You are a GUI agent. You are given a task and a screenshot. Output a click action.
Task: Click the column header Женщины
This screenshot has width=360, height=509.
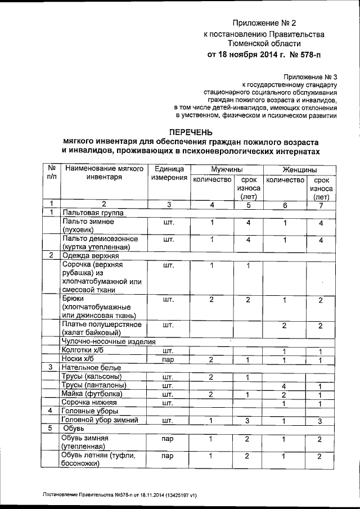[x=299, y=169]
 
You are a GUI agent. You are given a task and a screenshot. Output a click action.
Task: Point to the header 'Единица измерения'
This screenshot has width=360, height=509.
[x=169, y=174]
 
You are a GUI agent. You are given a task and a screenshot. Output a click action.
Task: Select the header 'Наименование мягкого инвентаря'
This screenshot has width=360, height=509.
[x=104, y=174]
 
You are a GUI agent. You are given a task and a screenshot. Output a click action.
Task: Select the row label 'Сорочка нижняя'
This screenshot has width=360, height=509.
[x=91, y=403]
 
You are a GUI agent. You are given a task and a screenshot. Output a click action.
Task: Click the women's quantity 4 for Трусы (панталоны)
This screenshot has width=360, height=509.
[x=285, y=385]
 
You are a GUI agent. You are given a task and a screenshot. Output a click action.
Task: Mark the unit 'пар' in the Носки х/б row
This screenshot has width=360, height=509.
[x=167, y=359]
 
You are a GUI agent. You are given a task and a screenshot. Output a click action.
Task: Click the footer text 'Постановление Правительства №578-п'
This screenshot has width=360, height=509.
[x=90, y=495]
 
